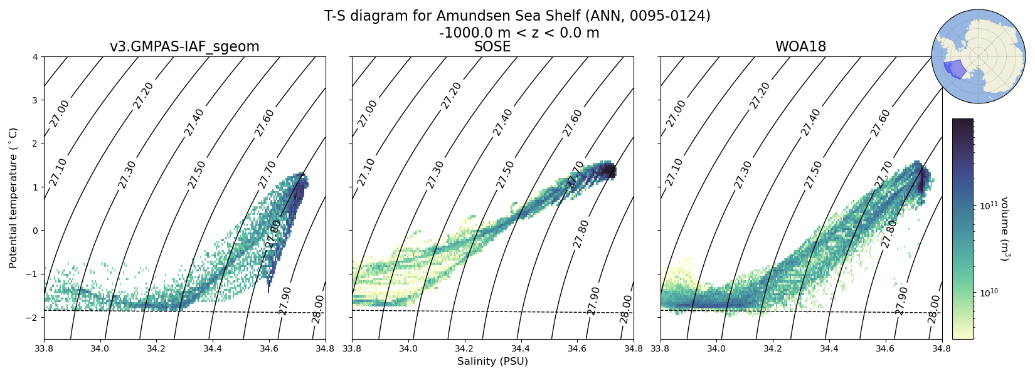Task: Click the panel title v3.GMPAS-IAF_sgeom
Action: pos(184,47)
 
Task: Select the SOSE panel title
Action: pos(492,47)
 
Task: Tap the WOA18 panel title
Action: pos(800,47)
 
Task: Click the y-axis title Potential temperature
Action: pos(13,197)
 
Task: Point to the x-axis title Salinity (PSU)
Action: pos(492,362)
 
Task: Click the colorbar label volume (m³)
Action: pos(1004,229)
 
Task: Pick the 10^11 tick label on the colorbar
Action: pos(990,206)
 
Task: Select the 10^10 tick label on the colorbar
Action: pos(990,293)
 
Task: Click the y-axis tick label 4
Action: pos(36,57)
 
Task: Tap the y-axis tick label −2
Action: pos(33,317)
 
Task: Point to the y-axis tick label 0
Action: pos(36,231)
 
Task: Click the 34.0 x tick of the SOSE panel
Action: pos(408,347)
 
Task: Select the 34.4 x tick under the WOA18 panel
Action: pos(829,347)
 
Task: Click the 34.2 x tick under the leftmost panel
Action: pos(156,347)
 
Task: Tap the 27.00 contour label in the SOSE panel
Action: pos(368,113)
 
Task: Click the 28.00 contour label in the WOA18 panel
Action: pos(934,309)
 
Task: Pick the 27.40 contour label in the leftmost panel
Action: pos(194,122)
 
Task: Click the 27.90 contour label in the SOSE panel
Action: pos(593,300)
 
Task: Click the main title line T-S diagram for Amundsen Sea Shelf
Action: pos(517,16)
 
